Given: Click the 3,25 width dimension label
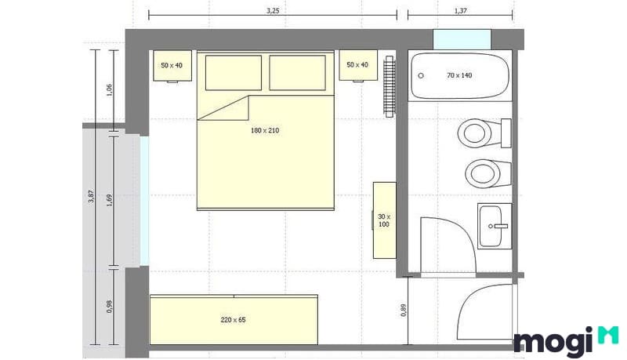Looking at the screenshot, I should point(272,10).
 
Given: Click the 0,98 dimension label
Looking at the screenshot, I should point(110,307).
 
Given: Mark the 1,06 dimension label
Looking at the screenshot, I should point(110,89).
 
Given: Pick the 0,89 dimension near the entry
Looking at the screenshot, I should point(404,309).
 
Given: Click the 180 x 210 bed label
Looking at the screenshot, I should point(265,130).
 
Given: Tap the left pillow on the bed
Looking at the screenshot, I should point(234,72).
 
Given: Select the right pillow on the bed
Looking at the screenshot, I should point(297,72).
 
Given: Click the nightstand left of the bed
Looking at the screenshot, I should point(172,66).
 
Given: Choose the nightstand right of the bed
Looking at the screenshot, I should point(357,65).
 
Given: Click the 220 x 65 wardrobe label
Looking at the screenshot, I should point(234,320).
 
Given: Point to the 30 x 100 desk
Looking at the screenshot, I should point(384,220).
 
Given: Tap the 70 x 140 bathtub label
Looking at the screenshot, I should point(460,76).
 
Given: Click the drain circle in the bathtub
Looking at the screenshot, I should point(422,76).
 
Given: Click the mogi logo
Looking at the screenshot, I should point(564,340).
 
